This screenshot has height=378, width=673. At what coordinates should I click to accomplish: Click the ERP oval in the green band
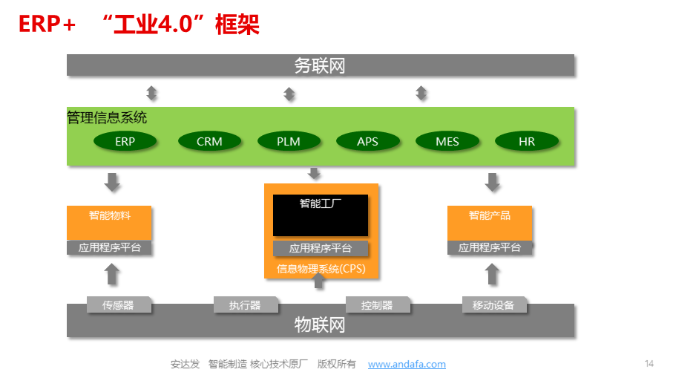pos(125,141)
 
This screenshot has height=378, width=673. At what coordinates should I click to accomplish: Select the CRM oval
pos(209,141)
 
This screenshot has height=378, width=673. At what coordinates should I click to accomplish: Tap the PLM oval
pos(289,141)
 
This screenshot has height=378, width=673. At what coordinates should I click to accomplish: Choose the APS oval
pos(368,141)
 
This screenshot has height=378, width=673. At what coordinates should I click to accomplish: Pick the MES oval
pos(447,141)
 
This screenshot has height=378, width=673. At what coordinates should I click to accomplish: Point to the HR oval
pos(527,141)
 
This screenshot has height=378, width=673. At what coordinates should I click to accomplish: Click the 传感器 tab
pos(119,304)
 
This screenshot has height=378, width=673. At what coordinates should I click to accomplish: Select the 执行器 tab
pos(246,304)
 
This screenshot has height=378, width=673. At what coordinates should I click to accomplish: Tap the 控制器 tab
pos(378,304)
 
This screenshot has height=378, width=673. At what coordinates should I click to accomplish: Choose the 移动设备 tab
pos(494,304)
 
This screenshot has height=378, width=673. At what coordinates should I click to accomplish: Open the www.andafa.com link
pos(407,364)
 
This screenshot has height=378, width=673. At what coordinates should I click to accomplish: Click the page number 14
pos(649,364)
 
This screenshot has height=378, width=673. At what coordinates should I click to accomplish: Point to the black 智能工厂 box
pos(321,215)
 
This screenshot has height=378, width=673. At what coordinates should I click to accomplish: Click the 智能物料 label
pos(110,215)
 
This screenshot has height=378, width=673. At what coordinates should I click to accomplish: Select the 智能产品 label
pos(490,215)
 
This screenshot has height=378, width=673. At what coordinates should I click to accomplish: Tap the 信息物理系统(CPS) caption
pos(321,269)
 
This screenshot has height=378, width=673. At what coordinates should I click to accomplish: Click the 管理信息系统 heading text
pos(107,117)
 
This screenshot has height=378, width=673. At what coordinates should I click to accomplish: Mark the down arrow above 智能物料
pos(113,182)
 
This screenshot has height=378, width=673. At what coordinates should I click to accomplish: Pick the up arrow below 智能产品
pos(492,274)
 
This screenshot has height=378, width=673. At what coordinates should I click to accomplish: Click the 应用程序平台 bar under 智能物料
pos(109,247)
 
